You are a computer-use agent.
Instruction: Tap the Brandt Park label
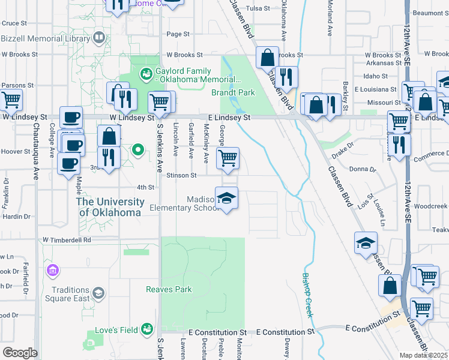click(x=234, y=92)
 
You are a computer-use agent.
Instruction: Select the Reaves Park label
click(x=169, y=289)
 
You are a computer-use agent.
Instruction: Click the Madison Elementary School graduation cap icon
click(x=226, y=199)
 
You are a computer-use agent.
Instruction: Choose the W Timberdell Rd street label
click(x=66, y=239)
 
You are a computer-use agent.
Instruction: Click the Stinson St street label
click(x=182, y=175)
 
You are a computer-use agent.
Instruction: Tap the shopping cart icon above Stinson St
click(x=228, y=159)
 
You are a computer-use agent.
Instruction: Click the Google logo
click(x=20, y=353)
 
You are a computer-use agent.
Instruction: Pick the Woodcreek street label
click(x=430, y=206)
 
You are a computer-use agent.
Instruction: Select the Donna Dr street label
click(x=363, y=170)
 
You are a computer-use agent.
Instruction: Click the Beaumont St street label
click(x=427, y=13)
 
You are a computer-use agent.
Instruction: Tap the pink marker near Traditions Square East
click(x=53, y=271)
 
